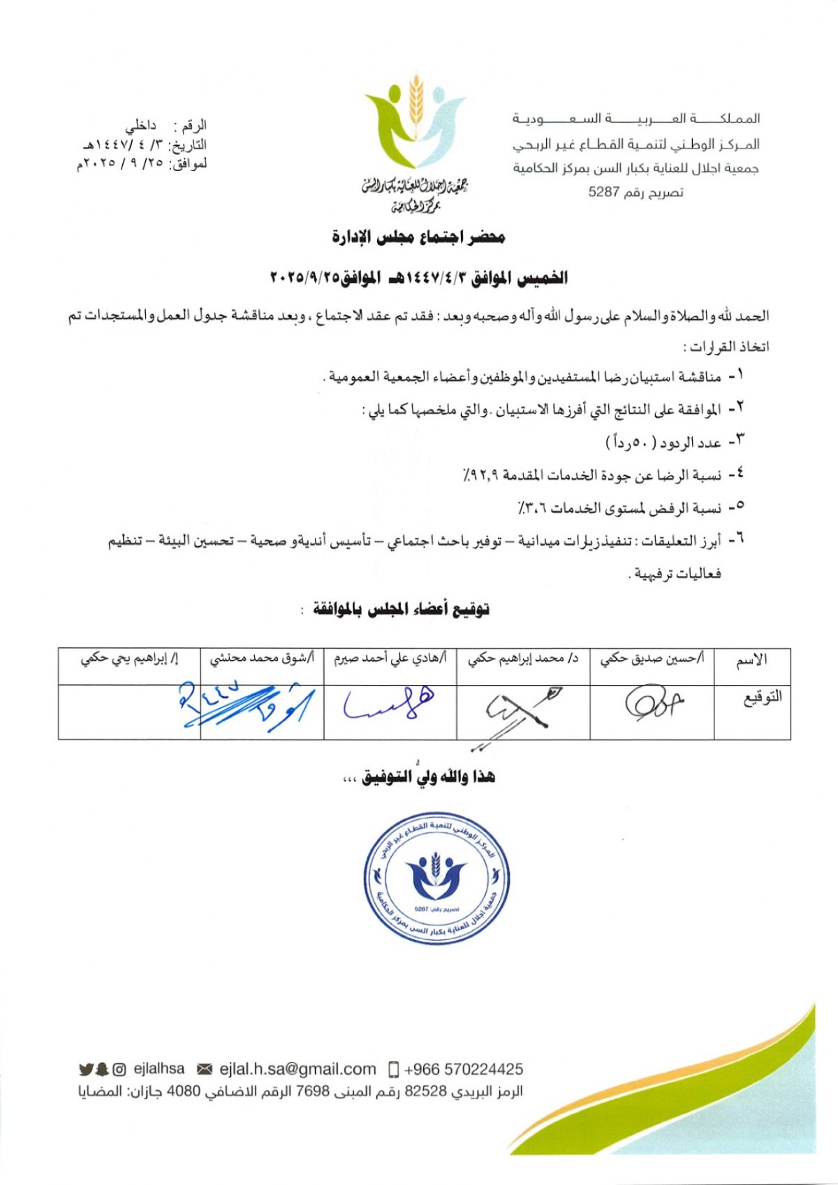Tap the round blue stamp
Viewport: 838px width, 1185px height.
click(x=437, y=878)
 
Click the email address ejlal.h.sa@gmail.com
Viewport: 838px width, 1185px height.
click(x=297, y=1069)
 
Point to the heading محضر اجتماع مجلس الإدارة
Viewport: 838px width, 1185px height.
click(x=418, y=237)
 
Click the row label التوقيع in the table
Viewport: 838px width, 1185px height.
click(x=762, y=697)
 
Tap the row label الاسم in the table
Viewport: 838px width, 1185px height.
click(x=751, y=659)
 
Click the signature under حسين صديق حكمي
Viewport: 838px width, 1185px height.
click(x=653, y=702)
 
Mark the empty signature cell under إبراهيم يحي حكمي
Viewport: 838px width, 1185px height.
click(x=129, y=711)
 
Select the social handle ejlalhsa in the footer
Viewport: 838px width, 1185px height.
click(x=159, y=1069)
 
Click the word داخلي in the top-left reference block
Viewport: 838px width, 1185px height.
click(x=141, y=126)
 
